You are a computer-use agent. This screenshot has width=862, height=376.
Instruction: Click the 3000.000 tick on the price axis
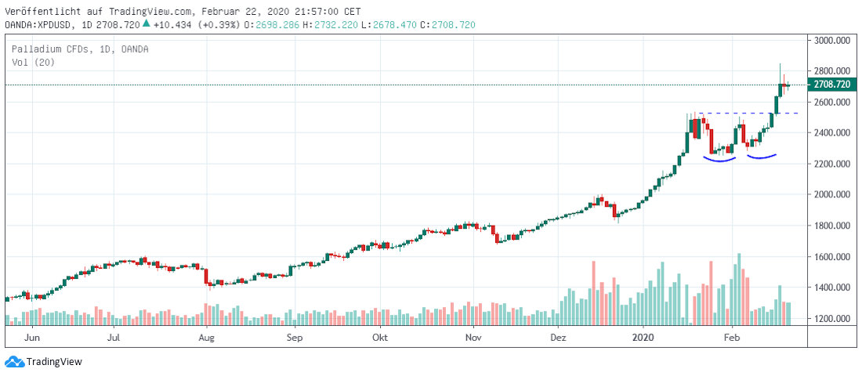[x=832, y=41]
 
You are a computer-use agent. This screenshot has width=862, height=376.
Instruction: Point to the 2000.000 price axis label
[x=832, y=195]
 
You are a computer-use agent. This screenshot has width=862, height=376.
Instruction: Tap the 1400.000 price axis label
[x=832, y=288]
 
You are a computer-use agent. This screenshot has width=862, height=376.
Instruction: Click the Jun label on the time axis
[x=33, y=338]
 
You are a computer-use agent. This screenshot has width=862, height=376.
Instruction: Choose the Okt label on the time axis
[x=380, y=338]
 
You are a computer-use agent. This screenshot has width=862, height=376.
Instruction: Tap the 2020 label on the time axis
[x=643, y=338]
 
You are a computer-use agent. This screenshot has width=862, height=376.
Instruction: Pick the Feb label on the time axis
[x=731, y=338]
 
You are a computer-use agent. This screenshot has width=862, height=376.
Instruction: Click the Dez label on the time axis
[x=558, y=338]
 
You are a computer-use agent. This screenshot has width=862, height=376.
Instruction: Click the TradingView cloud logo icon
[x=14, y=362]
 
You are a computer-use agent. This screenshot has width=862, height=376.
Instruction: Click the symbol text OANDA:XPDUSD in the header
[x=38, y=25]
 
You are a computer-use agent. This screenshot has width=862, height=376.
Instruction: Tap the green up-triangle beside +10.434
[x=146, y=24]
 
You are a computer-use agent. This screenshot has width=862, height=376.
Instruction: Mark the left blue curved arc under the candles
[x=720, y=160]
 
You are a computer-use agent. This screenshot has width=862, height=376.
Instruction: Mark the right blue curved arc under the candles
[x=762, y=157]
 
